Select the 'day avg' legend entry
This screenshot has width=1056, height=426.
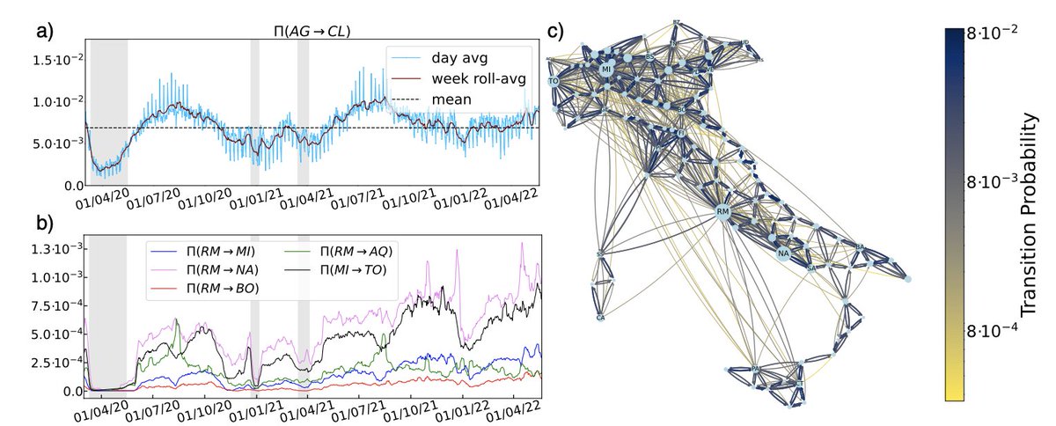tap(458, 59)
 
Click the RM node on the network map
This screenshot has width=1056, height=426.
tap(722, 212)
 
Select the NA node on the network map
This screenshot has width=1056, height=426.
tap(782, 254)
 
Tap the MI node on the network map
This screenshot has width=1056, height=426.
tap(605, 68)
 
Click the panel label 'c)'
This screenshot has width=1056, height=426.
tap(556, 32)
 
